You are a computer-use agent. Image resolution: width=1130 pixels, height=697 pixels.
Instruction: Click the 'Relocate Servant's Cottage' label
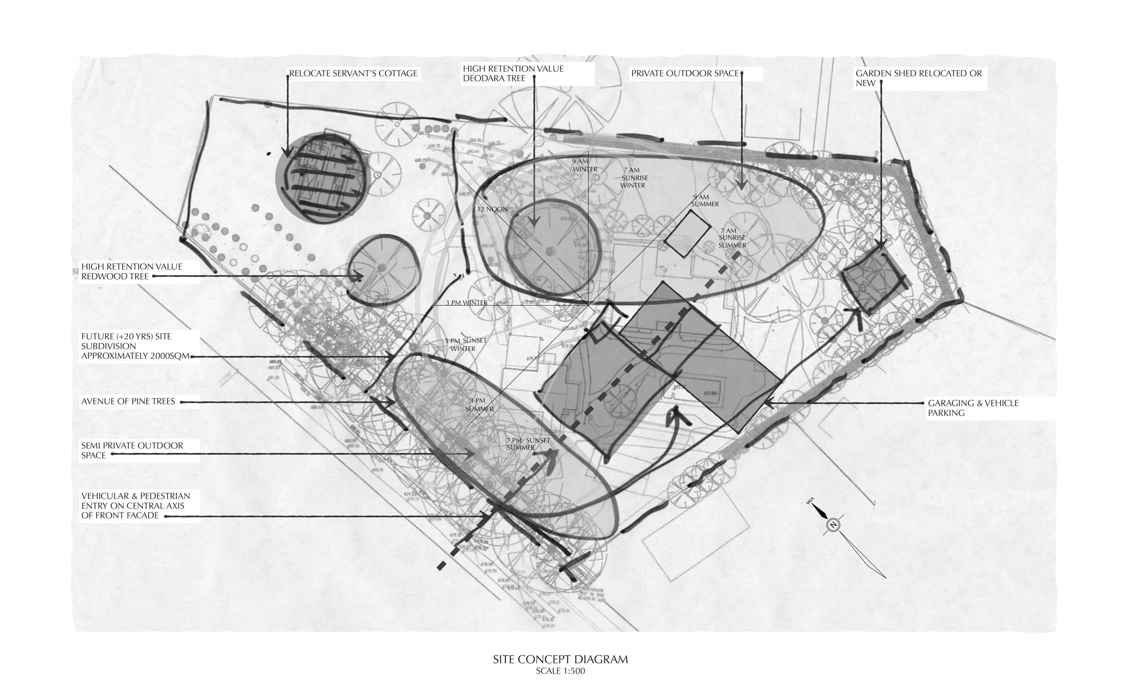[x=353, y=73]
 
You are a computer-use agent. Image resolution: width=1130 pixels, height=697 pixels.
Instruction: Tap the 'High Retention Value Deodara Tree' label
[x=513, y=73]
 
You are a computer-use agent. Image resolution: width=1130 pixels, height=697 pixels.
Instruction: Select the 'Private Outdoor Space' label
[x=684, y=73]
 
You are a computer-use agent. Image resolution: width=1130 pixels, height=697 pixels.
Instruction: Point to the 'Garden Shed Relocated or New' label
[x=918, y=78]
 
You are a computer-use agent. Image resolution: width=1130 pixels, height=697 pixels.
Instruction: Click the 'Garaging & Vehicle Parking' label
[x=972, y=408]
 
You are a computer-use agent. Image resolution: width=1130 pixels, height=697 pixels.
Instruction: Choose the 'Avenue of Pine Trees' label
[x=128, y=402]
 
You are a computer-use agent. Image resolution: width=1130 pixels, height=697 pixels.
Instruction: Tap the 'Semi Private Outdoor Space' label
[x=132, y=450]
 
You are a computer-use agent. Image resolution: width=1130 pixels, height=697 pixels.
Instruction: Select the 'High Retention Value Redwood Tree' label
[x=132, y=271]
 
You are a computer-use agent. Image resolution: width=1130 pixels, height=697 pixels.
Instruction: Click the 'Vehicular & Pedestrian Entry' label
[x=136, y=506]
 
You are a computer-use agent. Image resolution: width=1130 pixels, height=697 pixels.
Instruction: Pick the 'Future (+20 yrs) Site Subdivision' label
[x=135, y=346]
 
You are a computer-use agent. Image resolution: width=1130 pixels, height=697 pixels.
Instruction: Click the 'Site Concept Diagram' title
[x=560, y=659]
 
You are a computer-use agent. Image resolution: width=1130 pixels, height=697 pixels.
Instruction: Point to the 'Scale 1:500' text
[x=560, y=671]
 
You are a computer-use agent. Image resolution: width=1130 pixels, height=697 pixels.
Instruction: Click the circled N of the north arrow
[x=833, y=525]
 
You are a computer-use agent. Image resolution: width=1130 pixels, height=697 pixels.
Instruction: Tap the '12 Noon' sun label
[x=492, y=209]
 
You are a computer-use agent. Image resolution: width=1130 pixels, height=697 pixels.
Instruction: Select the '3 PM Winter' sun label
[x=466, y=303]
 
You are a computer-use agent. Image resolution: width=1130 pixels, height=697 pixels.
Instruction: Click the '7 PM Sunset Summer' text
[x=528, y=444]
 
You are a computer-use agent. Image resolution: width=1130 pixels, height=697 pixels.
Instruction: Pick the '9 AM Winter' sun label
[x=584, y=166]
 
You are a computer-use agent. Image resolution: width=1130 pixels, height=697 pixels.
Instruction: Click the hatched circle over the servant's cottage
[x=322, y=178]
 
